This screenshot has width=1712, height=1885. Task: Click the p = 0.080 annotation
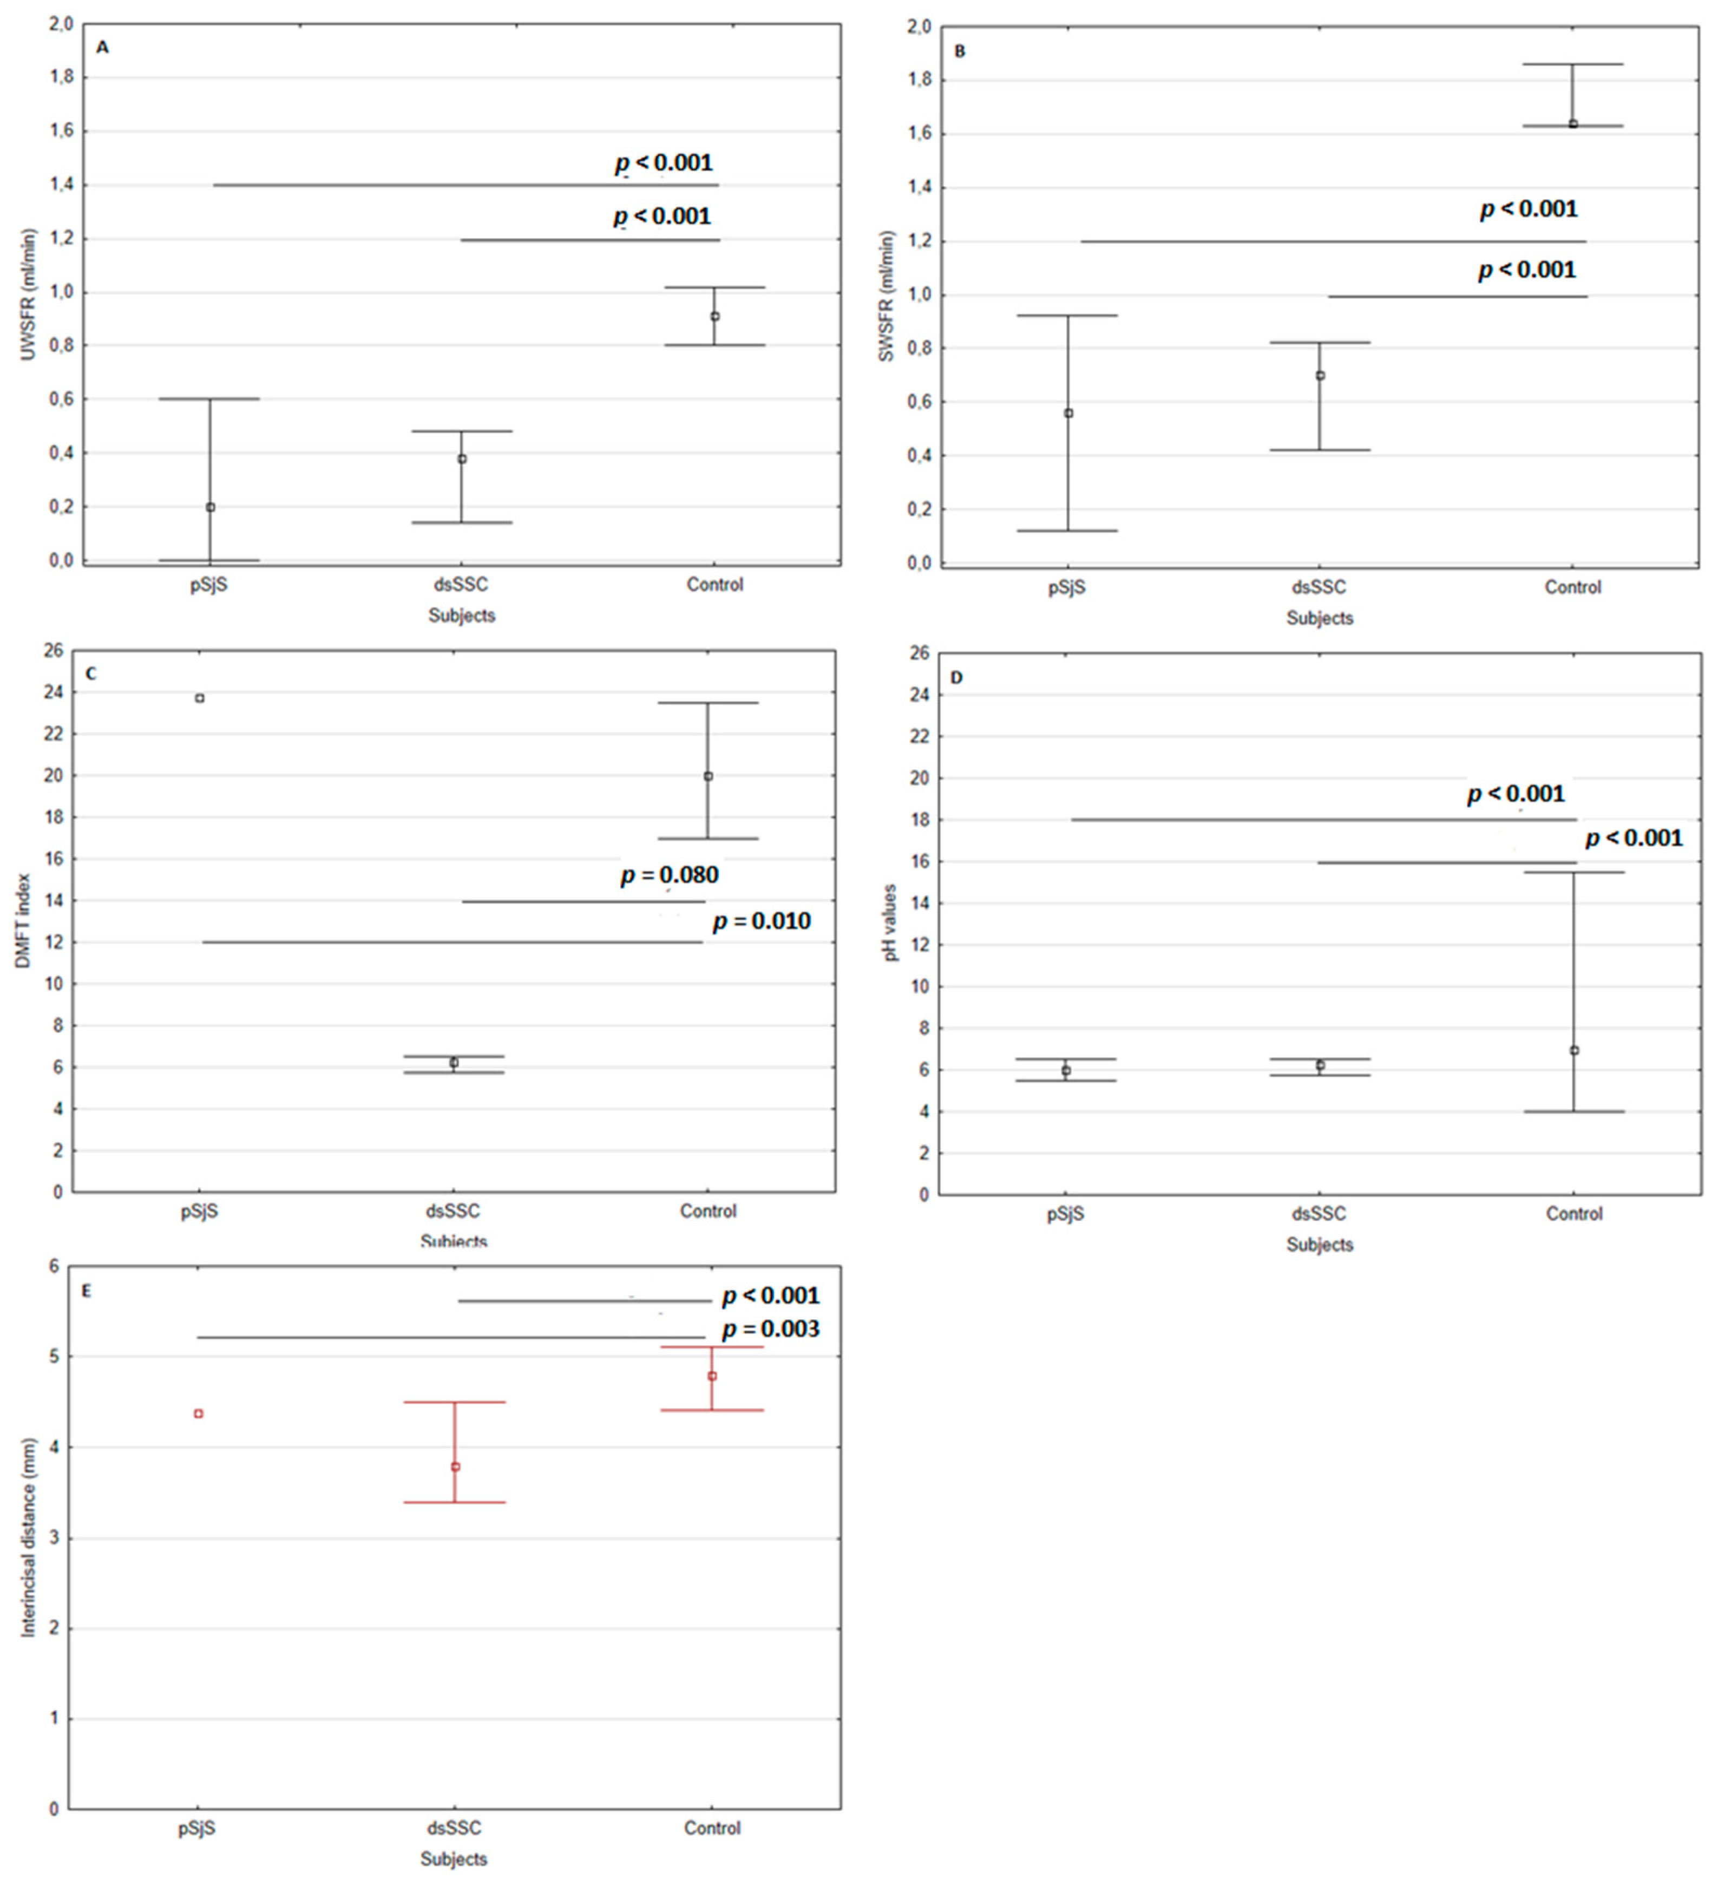(x=670, y=875)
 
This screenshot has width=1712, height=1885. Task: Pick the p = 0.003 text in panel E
(x=770, y=1328)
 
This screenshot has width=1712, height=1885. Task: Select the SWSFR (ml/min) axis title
(x=887, y=297)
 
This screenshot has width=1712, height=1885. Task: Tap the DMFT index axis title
(x=23, y=921)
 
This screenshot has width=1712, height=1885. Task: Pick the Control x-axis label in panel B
(x=1573, y=587)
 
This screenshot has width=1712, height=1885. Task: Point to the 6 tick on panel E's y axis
(x=53, y=1266)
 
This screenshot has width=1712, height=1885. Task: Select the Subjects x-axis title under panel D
(x=1319, y=1245)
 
